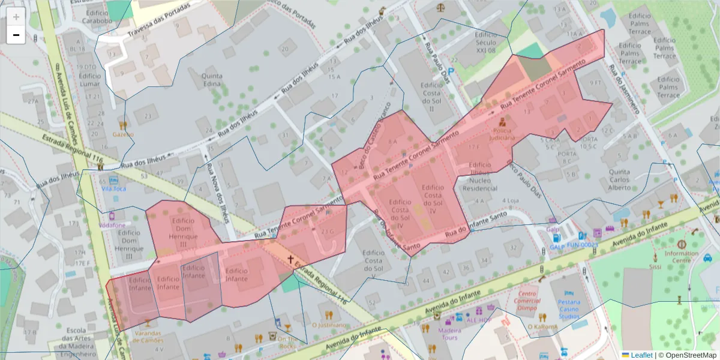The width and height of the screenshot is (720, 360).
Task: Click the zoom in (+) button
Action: tap(16, 17)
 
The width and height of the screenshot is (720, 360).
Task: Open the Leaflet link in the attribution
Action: tap(641, 355)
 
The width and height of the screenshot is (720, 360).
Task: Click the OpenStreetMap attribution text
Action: tap(687, 355)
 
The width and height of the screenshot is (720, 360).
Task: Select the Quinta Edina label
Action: tap(212, 80)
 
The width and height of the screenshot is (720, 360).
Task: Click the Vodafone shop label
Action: tap(113, 225)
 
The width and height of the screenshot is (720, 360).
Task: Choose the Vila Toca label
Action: tap(113, 188)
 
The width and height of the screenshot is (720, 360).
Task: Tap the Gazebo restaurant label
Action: tap(123, 134)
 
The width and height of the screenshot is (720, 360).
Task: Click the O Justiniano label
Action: tap(329, 325)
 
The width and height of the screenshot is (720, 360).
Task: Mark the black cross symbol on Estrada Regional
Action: tap(291, 259)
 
